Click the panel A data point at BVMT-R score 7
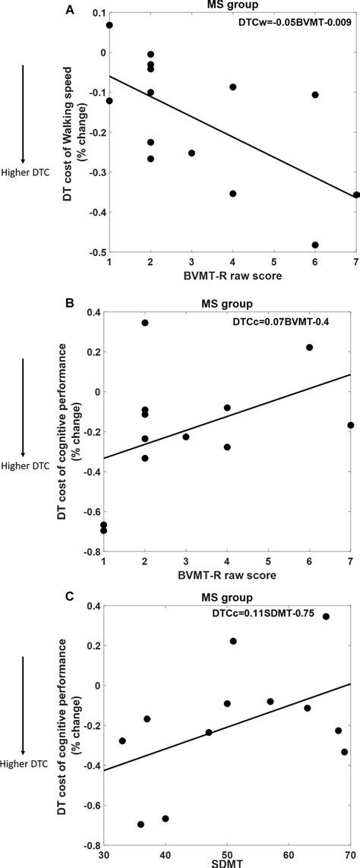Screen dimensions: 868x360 click(355, 195)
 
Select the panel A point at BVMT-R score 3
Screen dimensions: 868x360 click(191, 153)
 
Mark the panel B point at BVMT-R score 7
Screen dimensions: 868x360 click(350, 425)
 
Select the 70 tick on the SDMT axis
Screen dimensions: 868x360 click(351, 854)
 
